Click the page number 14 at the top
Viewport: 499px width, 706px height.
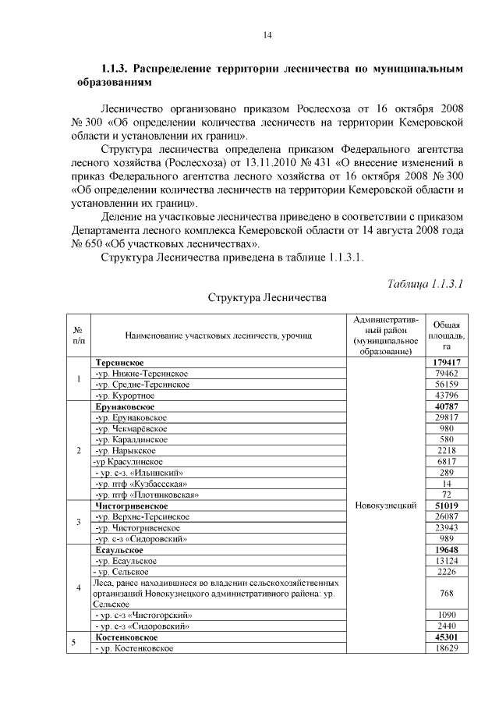click(267, 35)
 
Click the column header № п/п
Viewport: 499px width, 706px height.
click(79, 335)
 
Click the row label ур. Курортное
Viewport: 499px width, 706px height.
click(129, 396)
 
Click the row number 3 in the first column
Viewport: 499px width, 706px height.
click(79, 522)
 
